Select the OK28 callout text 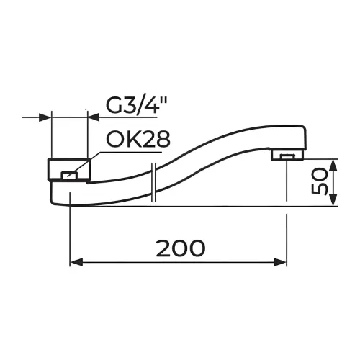pos(138,140)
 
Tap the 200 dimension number pos(181,248)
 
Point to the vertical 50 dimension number pos(319,181)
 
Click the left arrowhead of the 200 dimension pos(76,262)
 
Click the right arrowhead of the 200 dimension pos(280,262)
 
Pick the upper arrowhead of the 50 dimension pos(333,166)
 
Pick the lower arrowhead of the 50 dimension pos(333,199)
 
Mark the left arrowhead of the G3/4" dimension pos(45,117)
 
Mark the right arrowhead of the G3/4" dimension pos(95,117)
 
